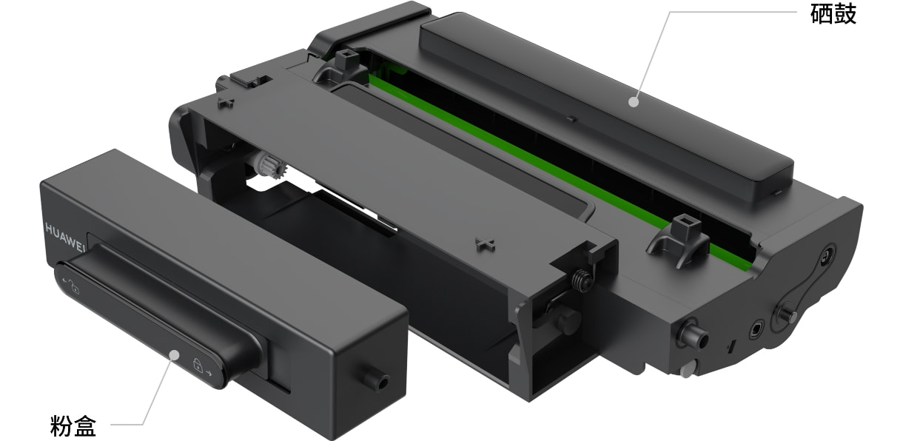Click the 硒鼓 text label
pyautogui.click(x=833, y=15)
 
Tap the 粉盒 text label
pyautogui.click(x=73, y=425)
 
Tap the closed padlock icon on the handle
pyautogui.click(x=197, y=366)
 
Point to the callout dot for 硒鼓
pyautogui.click(x=634, y=102)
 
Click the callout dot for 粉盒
pyautogui.click(x=174, y=355)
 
